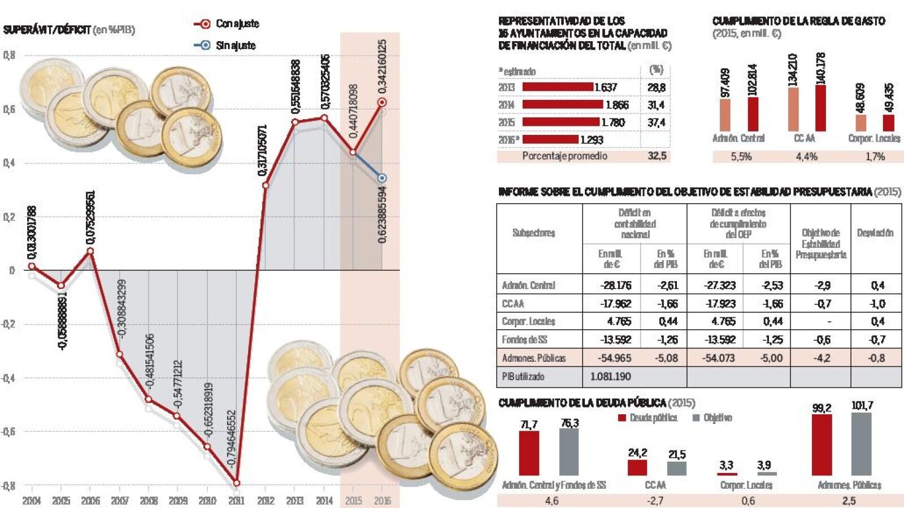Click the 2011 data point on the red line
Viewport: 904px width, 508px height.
tap(236, 483)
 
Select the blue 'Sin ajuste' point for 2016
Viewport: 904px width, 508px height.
tap(382, 178)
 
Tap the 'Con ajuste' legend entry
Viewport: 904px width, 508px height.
tap(227, 24)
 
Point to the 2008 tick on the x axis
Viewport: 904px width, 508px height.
tap(149, 500)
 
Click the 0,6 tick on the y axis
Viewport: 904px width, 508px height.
tap(9, 109)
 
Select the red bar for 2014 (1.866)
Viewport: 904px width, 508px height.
tap(563, 104)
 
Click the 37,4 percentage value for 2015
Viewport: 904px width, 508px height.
tap(656, 122)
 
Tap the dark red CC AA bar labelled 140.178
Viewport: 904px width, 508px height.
tap(820, 108)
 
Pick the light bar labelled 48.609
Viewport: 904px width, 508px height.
tap(860, 122)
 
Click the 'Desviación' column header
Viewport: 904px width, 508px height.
tap(875, 233)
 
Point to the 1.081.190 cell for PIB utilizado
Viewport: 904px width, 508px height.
tap(610, 376)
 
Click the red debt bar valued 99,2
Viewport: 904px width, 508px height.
tap(822, 445)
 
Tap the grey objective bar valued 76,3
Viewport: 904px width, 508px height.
tap(569, 452)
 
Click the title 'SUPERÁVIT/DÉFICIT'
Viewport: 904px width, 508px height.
tap(47, 30)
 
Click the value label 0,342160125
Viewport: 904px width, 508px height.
tap(382, 66)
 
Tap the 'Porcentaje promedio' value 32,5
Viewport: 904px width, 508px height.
tap(657, 156)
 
